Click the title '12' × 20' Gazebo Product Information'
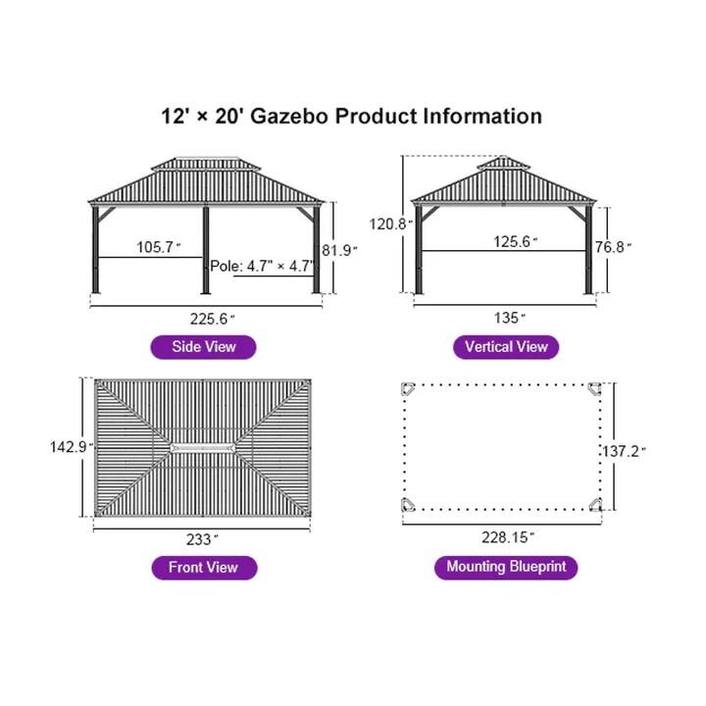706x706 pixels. (352, 116)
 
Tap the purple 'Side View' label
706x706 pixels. (204, 346)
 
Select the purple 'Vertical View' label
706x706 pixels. (506, 346)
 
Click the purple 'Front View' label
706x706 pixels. (204, 567)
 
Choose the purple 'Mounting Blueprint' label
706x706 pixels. (506, 567)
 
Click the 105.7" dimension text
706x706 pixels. (158, 247)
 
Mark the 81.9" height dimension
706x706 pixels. (341, 249)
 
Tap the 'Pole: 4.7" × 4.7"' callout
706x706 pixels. (262, 266)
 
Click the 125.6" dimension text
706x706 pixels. (516, 241)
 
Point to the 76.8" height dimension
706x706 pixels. (613, 247)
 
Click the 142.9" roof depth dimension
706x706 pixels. (71, 446)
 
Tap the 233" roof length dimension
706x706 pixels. (202, 538)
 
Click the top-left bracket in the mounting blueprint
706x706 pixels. (409, 389)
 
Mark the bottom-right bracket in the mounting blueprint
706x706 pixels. (594, 504)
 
